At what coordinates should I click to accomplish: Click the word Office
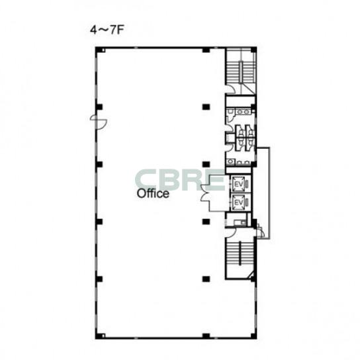click(x=153, y=193)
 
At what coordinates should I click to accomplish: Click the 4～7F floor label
click(x=107, y=30)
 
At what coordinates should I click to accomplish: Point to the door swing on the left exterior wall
click(x=99, y=121)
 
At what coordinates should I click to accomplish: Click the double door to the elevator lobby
click(x=206, y=193)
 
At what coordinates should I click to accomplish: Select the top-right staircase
click(x=240, y=71)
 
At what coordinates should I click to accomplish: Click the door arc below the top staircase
click(x=230, y=89)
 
